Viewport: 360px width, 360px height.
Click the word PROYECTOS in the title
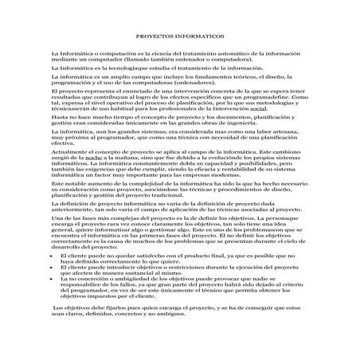(152, 37)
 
